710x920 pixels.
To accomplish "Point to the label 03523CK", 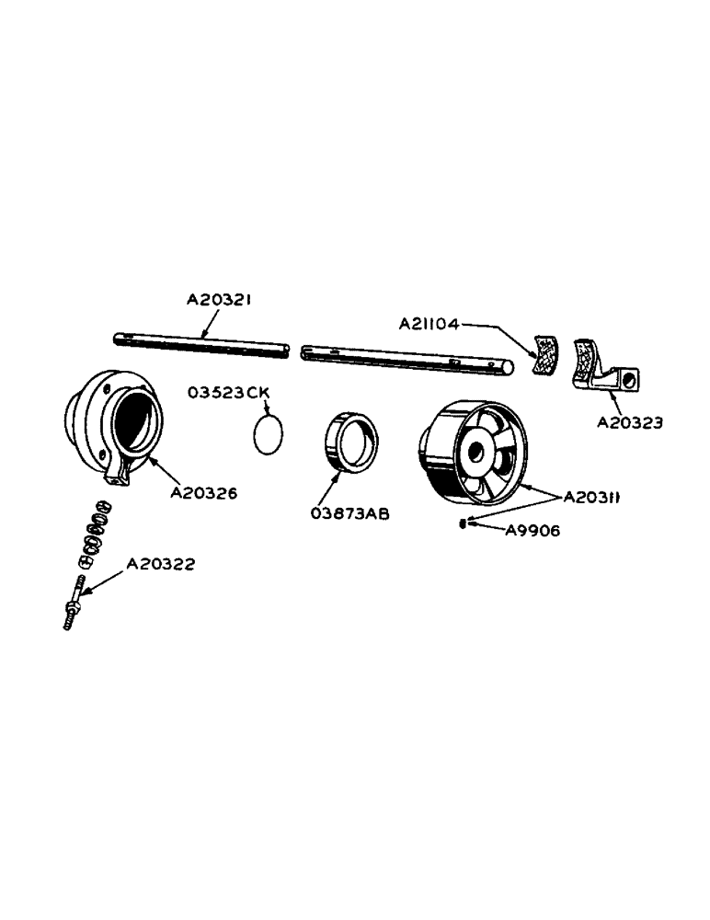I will tap(229, 393).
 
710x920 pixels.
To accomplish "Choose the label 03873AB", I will tap(350, 513).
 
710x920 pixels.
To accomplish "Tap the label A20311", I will tap(592, 497).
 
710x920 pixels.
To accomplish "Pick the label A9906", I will tap(533, 530).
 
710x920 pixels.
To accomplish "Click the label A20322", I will tap(160, 564).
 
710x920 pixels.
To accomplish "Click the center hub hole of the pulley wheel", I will tap(477, 452).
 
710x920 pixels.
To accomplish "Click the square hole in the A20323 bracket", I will tap(628, 379).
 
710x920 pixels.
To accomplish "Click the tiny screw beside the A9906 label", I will tap(462, 523).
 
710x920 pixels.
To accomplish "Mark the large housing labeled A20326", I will tap(112, 423).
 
